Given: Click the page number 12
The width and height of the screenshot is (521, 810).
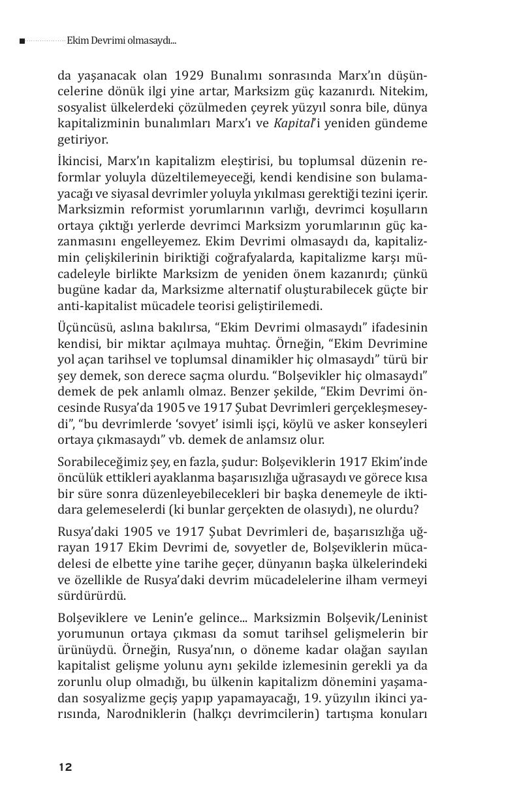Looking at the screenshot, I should coord(65,767).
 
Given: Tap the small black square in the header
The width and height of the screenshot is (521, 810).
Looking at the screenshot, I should coord(22,41).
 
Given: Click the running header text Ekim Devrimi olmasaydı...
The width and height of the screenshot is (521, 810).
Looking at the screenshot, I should coord(121,40).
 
